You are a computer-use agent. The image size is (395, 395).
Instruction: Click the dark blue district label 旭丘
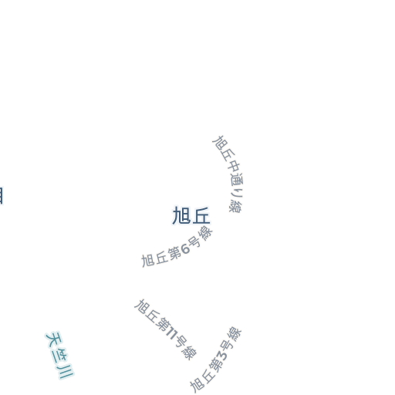point(191,216)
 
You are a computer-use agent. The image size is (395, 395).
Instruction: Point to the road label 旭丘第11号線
point(166,329)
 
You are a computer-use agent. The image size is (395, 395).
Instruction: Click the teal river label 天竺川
point(59,356)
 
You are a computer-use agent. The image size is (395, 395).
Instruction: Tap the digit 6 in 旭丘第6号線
point(185,248)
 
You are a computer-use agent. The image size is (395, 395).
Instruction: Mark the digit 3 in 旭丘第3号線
point(222,356)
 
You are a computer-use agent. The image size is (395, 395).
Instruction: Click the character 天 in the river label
point(54,339)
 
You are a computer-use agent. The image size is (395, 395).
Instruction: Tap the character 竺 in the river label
point(59,356)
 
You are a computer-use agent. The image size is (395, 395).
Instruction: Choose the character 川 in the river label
point(66,371)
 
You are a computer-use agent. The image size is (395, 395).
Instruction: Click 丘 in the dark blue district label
point(201,216)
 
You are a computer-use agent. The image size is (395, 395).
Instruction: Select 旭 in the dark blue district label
point(181,216)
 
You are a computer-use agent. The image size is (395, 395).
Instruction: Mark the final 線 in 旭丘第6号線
point(206,233)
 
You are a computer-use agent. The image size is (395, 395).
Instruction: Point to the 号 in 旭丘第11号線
point(181,342)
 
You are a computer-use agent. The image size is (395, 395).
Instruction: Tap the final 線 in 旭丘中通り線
point(235,207)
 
